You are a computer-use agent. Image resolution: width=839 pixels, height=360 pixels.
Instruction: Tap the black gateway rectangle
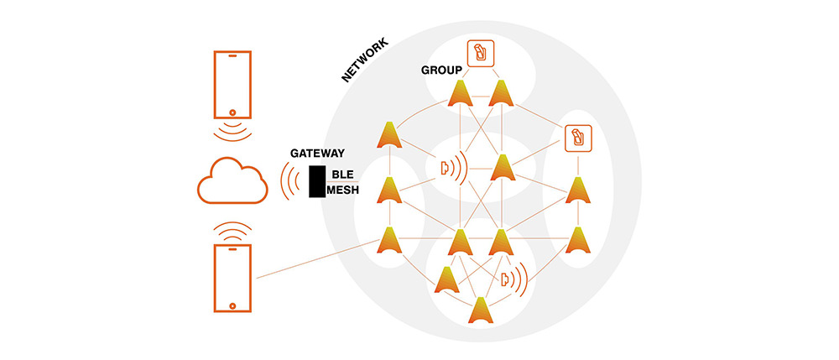[x=316, y=182]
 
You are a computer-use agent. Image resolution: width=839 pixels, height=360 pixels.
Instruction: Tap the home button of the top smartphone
[x=232, y=112]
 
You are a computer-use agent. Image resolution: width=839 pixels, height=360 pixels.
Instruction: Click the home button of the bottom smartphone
[x=232, y=303]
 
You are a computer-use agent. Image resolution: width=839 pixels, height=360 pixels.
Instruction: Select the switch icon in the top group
[x=480, y=53]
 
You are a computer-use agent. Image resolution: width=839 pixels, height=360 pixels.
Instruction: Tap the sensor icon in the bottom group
[x=506, y=279]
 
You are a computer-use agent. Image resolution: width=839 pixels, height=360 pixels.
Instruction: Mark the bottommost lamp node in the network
[x=481, y=310]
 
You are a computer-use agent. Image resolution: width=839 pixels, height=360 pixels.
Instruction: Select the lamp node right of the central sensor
[x=502, y=169]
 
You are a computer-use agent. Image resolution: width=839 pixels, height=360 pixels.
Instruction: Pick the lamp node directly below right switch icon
[x=576, y=190]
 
